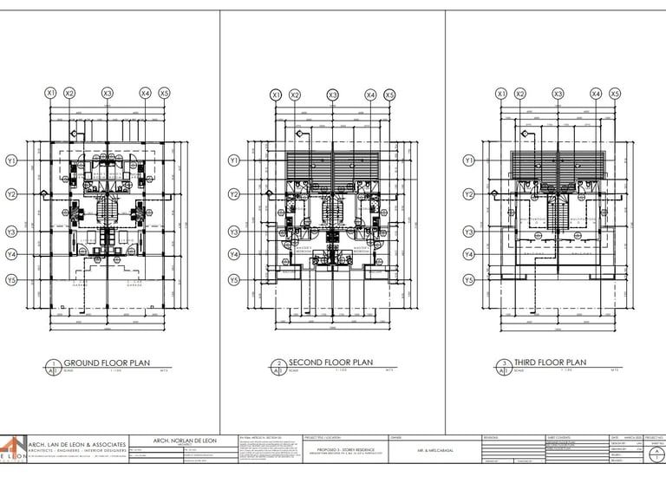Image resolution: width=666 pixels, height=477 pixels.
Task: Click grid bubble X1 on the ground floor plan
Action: point(50,92)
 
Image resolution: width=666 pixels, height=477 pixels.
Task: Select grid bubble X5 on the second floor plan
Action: point(389,95)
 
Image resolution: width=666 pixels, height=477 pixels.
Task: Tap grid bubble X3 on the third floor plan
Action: point(558,93)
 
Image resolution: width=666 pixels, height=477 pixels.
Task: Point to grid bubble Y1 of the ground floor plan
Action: point(12,160)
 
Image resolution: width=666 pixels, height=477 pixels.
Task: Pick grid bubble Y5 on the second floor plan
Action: point(233,279)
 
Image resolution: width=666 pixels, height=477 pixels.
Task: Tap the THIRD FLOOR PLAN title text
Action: point(552,363)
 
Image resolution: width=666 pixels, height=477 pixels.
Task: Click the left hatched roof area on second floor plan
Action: point(310,163)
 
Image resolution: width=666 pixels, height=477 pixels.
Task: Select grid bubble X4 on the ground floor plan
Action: point(145,92)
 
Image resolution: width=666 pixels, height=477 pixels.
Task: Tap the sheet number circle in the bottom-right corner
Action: point(658,452)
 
